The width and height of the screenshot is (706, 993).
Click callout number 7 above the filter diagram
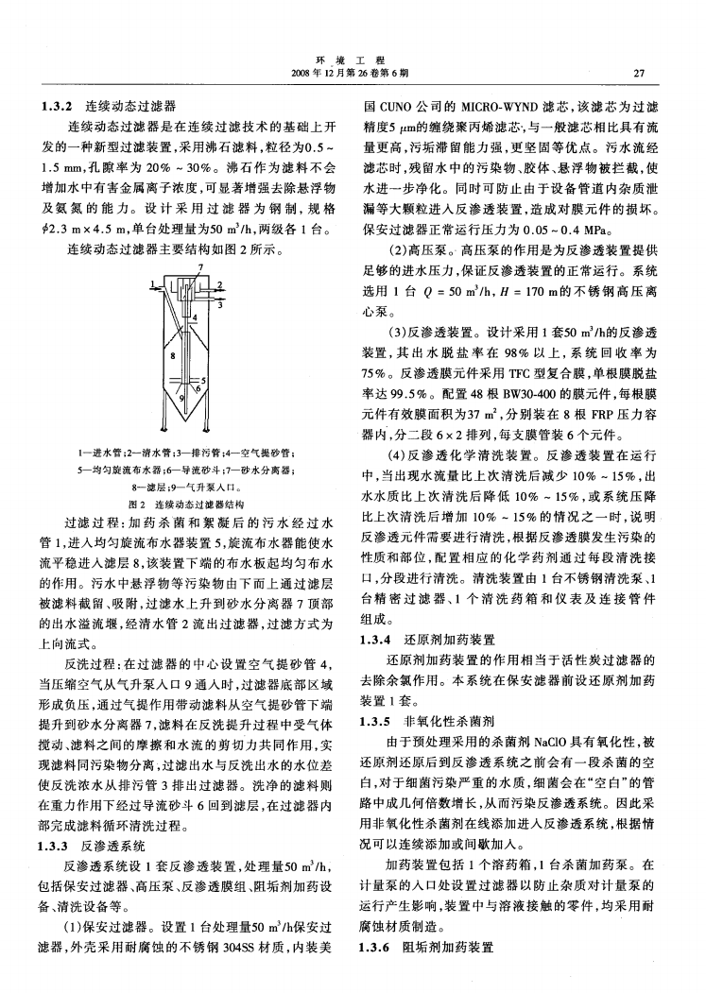click(x=200, y=269)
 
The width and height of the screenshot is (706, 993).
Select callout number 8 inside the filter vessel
click(x=170, y=357)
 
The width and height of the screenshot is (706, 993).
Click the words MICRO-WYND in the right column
click(x=499, y=106)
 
